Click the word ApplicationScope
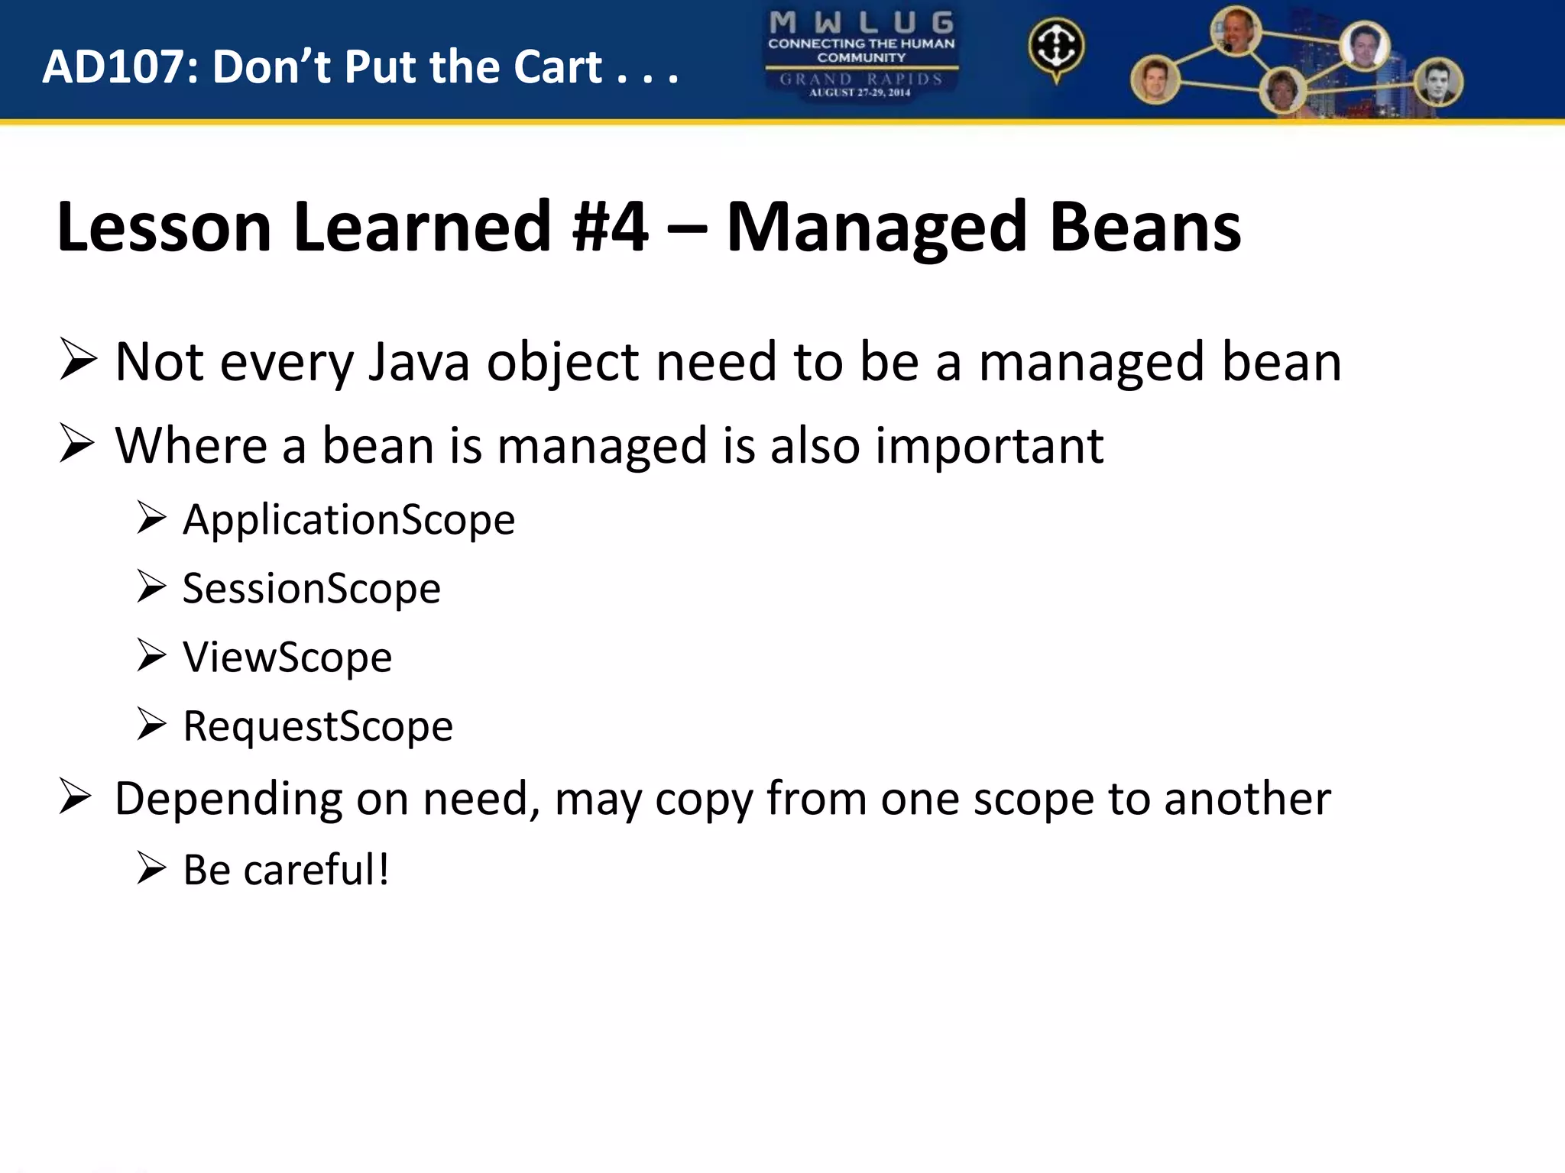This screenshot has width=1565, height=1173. point(348,520)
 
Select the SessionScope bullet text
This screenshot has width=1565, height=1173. point(311,589)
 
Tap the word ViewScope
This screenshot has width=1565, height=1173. point(287,658)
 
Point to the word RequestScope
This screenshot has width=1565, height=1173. point(317,726)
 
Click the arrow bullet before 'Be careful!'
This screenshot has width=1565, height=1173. point(151,868)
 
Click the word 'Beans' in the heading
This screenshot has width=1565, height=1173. point(1145,227)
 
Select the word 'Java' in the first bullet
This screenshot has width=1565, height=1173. point(418,362)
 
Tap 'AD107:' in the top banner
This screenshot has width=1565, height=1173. point(120,67)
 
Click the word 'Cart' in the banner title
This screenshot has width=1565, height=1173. point(558,67)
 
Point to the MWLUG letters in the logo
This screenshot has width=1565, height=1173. point(861,22)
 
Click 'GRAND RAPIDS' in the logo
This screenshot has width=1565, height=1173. point(861,79)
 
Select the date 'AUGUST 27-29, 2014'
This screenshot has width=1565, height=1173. point(860,93)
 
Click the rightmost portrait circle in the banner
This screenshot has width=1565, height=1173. point(1438,82)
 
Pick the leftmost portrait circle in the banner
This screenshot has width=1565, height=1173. point(1155,80)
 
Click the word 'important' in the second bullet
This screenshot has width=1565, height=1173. point(989,446)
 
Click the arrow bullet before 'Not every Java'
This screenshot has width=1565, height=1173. point(78,360)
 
